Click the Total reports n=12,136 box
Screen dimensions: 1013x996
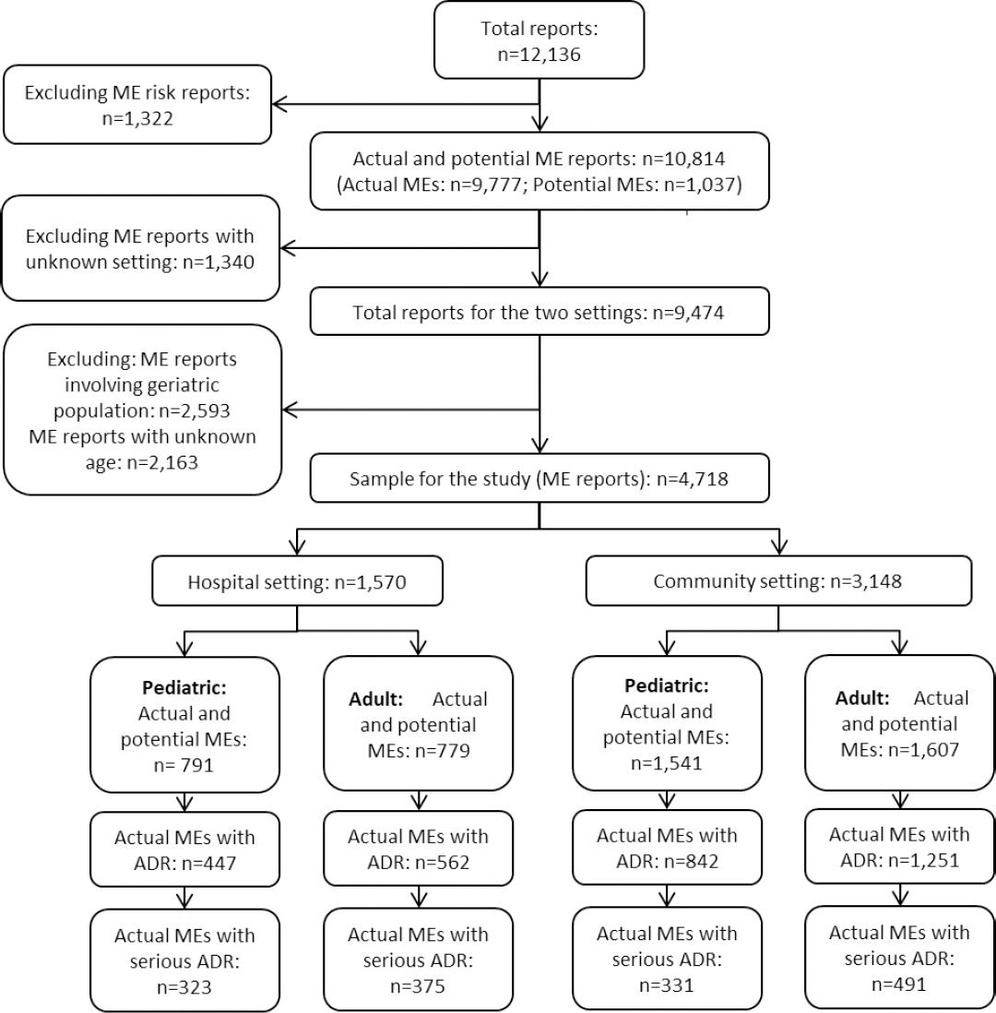coord(539,40)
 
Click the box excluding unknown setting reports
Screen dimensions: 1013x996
coord(139,247)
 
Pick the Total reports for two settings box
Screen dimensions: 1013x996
coord(539,313)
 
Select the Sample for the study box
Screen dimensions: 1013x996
coord(539,480)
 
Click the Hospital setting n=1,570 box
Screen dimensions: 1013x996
coord(296,582)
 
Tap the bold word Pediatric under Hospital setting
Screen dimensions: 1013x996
coord(172,688)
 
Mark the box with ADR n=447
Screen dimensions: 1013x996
coord(184,850)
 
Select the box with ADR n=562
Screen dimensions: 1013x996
coord(418,849)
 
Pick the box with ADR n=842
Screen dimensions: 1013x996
coord(668,848)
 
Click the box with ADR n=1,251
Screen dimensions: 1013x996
coord(899,846)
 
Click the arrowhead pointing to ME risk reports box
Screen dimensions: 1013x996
coord(281,104)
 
